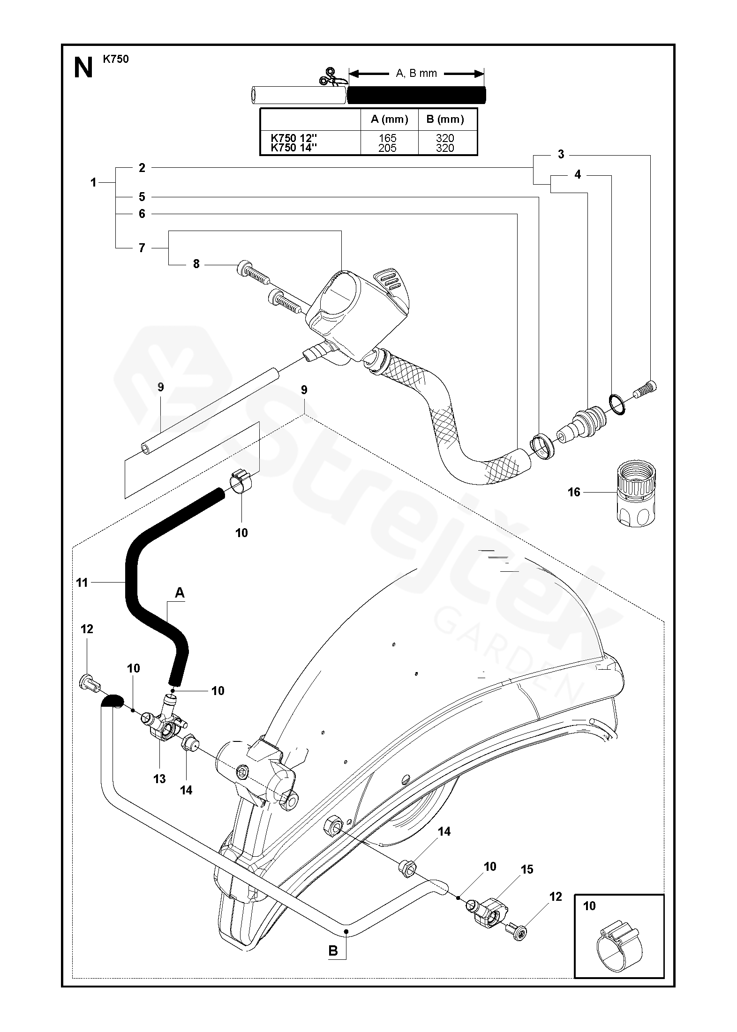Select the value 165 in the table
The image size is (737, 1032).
pyautogui.click(x=388, y=138)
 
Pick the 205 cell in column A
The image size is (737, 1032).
pyautogui.click(x=388, y=148)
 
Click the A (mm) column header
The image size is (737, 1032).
pyautogui.click(x=389, y=119)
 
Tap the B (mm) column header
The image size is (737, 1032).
pyautogui.click(x=445, y=119)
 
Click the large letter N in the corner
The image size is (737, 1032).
pyautogui.click(x=83, y=69)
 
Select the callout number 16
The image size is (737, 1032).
pyautogui.click(x=574, y=492)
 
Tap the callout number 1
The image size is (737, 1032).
pyautogui.click(x=93, y=182)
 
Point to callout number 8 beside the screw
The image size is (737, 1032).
pyautogui.click(x=196, y=264)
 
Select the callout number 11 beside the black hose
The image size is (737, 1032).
pyautogui.click(x=82, y=583)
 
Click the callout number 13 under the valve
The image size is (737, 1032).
pyautogui.click(x=159, y=779)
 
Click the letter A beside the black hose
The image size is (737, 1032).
pyautogui.click(x=180, y=593)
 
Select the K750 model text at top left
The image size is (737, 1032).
pyautogui.click(x=115, y=59)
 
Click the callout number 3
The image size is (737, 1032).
pyautogui.click(x=561, y=155)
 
